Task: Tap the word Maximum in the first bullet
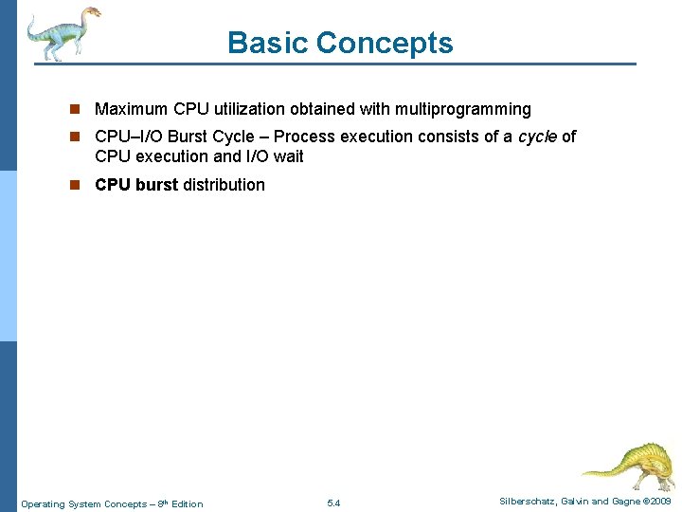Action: click(133, 110)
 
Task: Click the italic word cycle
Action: click(537, 137)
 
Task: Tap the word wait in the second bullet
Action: click(288, 156)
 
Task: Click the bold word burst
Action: click(156, 185)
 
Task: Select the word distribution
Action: click(224, 185)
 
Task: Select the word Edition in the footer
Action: click(188, 504)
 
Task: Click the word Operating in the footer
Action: click(43, 504)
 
